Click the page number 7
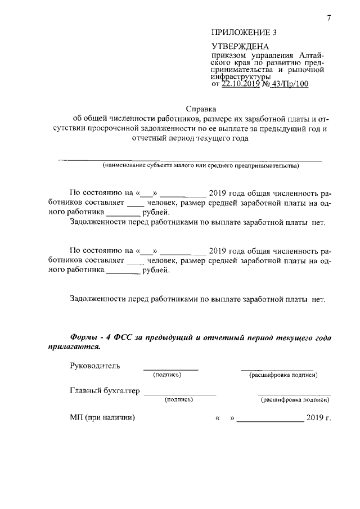pyautogui.click(x=328, y=19)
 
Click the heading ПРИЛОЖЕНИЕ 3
pyautogui.click(x=245, y=33)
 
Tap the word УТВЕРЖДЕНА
pyautogui.click(x=240, y=46)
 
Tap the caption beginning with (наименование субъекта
pyautogui.click(x=201, y=166)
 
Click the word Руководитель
pyautogui.click(x=95, y=366)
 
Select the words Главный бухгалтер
pyautogui.click(x=104, y=391)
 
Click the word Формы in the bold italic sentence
pyautogui.click(x=85, y=337)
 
